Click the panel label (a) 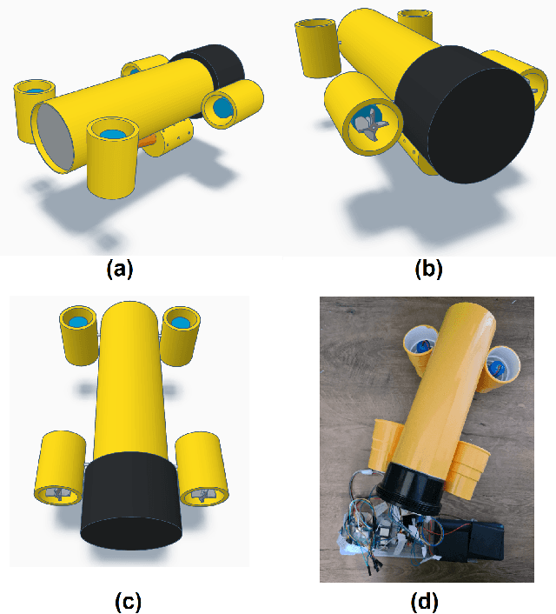(120, 270)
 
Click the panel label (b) (428, 270)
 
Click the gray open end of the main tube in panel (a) (55, 137)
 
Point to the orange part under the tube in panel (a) (147, 141)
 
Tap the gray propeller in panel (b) (371, 124)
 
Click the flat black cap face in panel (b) (480, 125)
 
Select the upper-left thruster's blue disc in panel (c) (79, 322)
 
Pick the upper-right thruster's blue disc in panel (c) (180, 323)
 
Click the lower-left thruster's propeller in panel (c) (57, 493)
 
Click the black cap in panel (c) (131, 501)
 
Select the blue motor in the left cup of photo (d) (423, 346)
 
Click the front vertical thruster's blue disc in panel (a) (113, 134)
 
